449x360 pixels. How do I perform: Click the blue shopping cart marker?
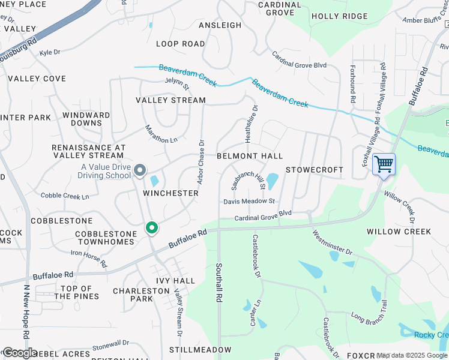point(384,164)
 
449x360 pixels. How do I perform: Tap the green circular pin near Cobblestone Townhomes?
point(152,228)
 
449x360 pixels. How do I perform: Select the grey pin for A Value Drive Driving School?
point(140,171)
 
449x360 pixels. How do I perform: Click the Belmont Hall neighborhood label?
point(250,156)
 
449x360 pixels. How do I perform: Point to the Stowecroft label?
point(315,170)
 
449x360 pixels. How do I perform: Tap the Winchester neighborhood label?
point(171,193)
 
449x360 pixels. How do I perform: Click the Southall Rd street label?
point(219,281)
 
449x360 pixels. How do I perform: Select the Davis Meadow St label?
point(249,202)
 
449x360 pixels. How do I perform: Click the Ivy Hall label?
point(175,280)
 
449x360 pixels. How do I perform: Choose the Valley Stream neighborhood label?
point(170,100)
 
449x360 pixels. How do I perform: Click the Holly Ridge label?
point(340,16)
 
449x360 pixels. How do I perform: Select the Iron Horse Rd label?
point(89,258)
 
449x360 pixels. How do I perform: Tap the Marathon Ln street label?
point(161,134)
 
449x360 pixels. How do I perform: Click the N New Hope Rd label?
point(26,311)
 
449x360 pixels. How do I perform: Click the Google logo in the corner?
point(19,353)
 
